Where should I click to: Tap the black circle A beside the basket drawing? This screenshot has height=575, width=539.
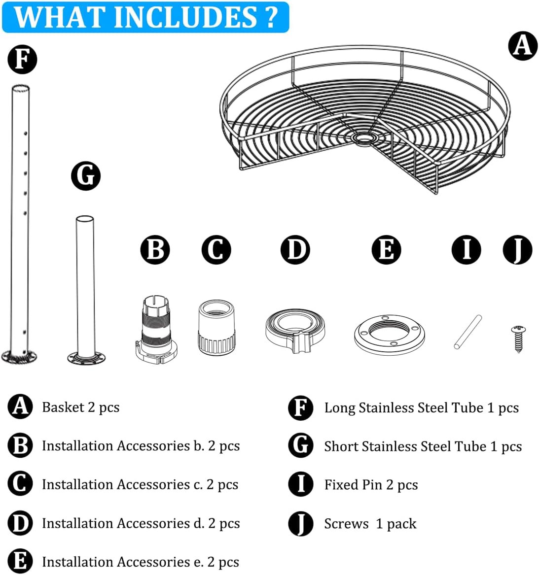(523, 46)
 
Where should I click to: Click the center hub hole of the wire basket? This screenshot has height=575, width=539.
(364, 138)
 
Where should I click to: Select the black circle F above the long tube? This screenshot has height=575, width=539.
(22, 60)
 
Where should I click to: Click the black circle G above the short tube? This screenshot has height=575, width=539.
(86, 176)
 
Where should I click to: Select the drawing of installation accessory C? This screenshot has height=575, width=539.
(216, 327)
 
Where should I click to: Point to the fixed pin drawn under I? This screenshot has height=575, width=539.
(467, 332)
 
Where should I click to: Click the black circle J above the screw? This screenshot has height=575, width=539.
(517, 249)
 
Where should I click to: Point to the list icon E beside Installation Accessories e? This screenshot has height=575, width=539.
(20, 562)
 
